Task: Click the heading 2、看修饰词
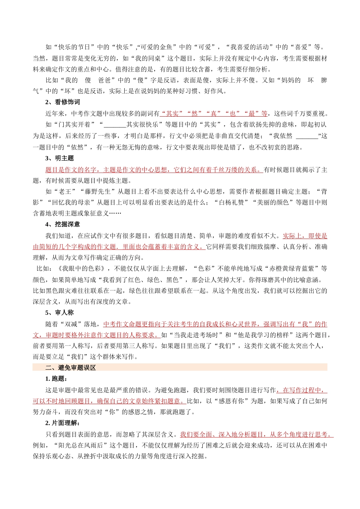(x=63, y=102)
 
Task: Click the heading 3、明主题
(x=59, y=158)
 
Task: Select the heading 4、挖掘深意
(x=63, y=225)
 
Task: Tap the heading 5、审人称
(x=59, y=313)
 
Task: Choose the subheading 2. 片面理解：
(x=63, y=423)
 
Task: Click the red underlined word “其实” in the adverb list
(x=172, y=114)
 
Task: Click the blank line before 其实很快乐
(x=114, y=125)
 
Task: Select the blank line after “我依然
(x=307, y=136)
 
